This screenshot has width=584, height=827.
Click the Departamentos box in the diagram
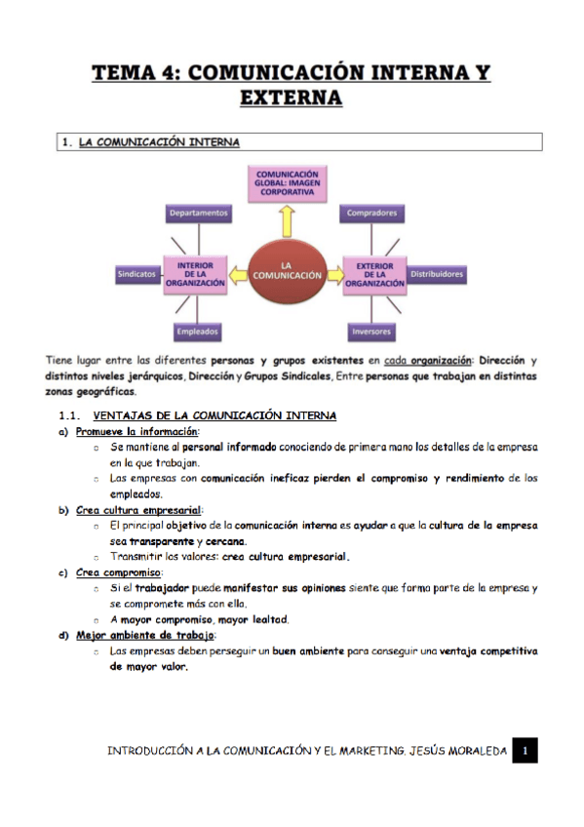coord(198,212)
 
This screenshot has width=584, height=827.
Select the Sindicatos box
coord(136,275)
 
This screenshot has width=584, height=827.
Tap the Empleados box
coord(198,331)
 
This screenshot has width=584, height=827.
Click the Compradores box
coord(370,212)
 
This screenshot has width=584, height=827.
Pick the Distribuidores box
coord(436,275)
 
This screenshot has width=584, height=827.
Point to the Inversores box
coord(370,331)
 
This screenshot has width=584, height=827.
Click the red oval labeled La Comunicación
coord(287,270)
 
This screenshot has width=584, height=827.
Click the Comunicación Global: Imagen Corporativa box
coord(287,182)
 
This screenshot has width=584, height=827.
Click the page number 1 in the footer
coord(525,750)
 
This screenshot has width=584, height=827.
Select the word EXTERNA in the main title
coord(291,98)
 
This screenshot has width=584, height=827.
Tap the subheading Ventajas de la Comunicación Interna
coord(220,416)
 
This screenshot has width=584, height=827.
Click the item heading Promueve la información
coord(136,431)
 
